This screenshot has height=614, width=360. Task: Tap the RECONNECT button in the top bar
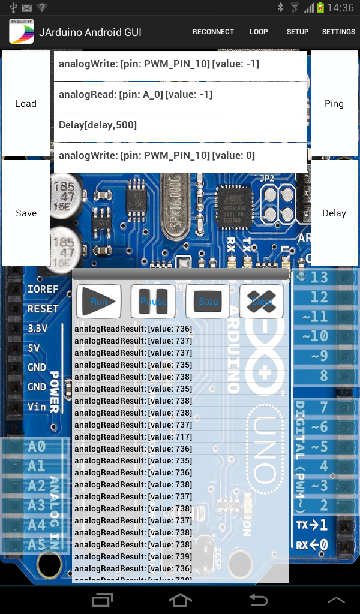click(213, 32)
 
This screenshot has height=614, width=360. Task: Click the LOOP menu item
click(259, 32)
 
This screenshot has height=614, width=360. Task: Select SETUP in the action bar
click(298, 32)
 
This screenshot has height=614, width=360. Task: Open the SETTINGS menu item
click(338, 32)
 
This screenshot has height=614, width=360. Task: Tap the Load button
click(26, 104)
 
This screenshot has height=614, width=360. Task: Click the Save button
click(26, 213)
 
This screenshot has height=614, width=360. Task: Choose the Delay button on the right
click(334, 213)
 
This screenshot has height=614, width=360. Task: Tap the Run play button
click(99, 301)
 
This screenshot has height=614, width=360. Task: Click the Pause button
click(154, 301)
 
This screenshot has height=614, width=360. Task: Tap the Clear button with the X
click(262, 301)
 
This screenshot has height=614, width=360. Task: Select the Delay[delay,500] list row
click(180, 125)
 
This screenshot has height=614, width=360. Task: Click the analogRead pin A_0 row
click(180, 95)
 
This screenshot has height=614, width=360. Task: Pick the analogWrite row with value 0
click(180, 156)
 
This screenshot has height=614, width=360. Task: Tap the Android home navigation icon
click(180, 599)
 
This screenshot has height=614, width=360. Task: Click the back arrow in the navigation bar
click(258, 599)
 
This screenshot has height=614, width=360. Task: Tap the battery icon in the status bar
click(320, 8)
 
